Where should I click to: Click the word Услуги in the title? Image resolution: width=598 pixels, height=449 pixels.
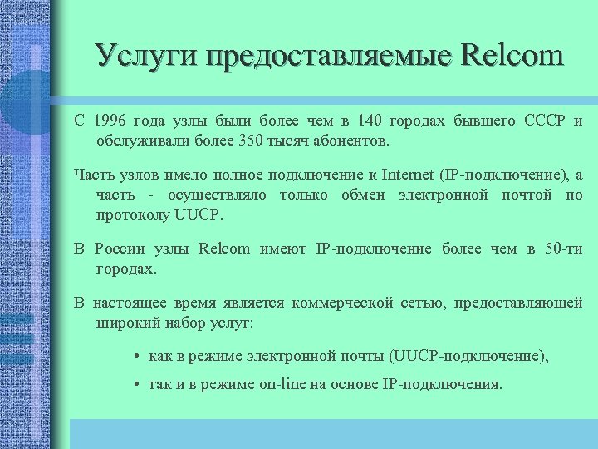click(x=146, y=56)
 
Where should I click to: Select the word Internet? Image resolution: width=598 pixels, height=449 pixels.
click(x=411, y=174)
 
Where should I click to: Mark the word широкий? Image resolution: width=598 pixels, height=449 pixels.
click(x=125, y=323)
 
